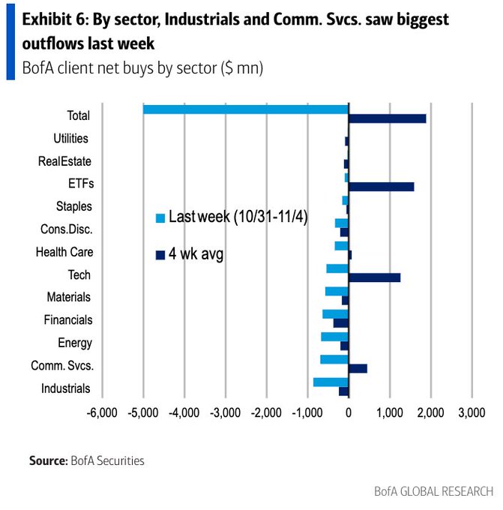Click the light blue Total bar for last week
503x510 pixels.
coord(245,109)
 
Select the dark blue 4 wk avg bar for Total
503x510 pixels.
coord(387,118)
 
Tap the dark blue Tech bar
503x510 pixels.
coord(374,277)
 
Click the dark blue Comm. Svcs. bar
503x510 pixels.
coord(358,368)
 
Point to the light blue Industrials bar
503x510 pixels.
coord(331,382)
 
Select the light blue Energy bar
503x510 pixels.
coord(334,337)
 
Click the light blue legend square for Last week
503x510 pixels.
coord(160,218)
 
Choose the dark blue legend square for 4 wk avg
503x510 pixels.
coord(160,255)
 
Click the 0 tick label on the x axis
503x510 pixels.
coord(349,412)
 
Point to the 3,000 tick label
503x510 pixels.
coord(470,412)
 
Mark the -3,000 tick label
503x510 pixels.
coord(225,412)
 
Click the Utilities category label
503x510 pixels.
coord(71,139)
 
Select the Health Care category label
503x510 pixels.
coord(64,252)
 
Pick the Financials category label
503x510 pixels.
coord(67,320)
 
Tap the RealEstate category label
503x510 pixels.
coord(64,161)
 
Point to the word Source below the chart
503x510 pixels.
coord(48,460)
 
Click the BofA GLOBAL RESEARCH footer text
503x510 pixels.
coord(434,491)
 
